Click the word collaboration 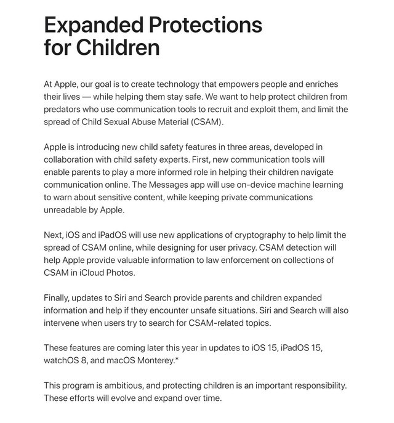pos(73,159)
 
